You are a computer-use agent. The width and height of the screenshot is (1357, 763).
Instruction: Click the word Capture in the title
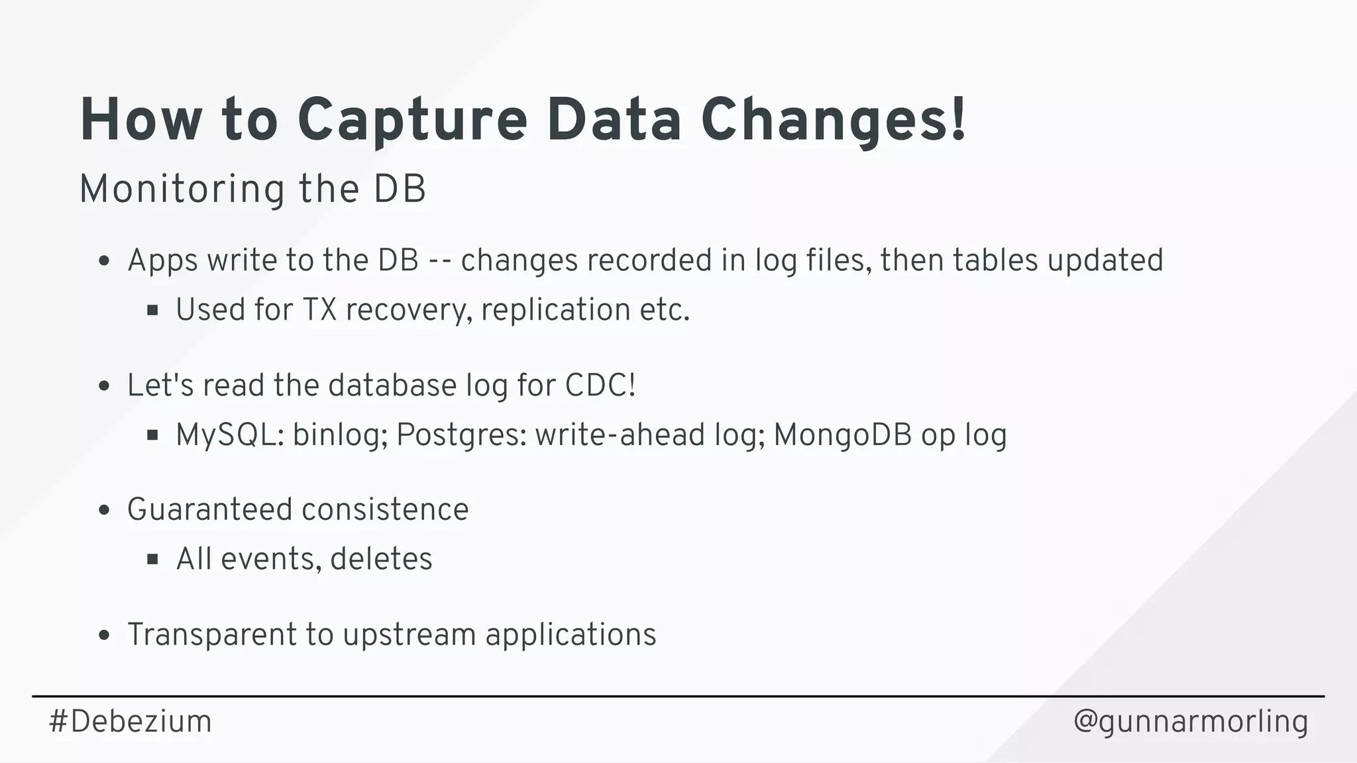pyautogui.click(x=412, y=121)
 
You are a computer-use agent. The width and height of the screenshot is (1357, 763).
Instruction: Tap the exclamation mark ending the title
pyautogui.click(x=957, y=119)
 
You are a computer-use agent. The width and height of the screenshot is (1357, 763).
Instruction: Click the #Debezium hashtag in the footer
pyautogui.click(x=131, y=721)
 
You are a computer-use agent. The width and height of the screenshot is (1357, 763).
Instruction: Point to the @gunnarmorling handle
pyautogui.click(x=1190, y=721)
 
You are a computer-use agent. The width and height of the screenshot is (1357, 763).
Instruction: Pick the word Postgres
pyautogui.click(x=461, y=435)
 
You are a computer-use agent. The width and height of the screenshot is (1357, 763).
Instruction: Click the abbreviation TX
pyautogui.click(x=319, y=310)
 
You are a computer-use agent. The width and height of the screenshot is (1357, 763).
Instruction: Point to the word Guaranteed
pyautogui.click(x=210, y=510)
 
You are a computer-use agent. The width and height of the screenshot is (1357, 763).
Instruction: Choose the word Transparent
pyautogui.click(x=211, y=635)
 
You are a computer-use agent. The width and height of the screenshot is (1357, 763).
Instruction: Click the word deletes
pyautogui.click(x=381, y=559)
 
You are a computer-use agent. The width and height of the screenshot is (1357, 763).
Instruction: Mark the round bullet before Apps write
pyautogui.click(x=103, y=261)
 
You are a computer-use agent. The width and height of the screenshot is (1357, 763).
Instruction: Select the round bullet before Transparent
pyautogui.click(x=103, y=635)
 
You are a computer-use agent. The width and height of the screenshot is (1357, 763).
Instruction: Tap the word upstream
pyautogui.click(x=409, y=635)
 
